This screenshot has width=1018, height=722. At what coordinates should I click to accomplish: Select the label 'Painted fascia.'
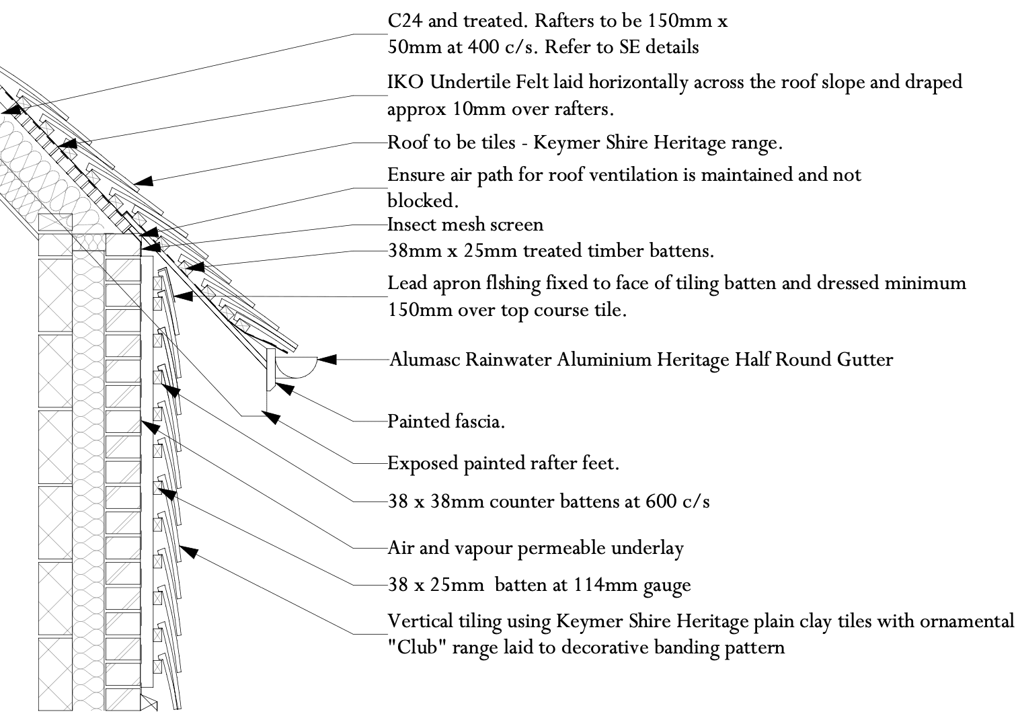[x=446, y=422]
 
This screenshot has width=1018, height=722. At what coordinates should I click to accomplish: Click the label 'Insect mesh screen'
[x=465, y=224]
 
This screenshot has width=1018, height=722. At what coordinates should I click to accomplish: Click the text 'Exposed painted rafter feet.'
[x=503, y=463]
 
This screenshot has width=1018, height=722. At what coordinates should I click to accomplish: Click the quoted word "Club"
[x=410, y=648]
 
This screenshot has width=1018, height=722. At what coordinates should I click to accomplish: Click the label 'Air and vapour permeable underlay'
[x=535, y=548]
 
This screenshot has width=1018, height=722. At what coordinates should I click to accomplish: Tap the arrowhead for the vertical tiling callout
[x=190, y=552]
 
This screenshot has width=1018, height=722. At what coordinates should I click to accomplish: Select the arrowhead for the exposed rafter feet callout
[x=272, y=417]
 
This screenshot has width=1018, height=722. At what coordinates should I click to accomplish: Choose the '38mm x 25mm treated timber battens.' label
[x=551, y=251]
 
